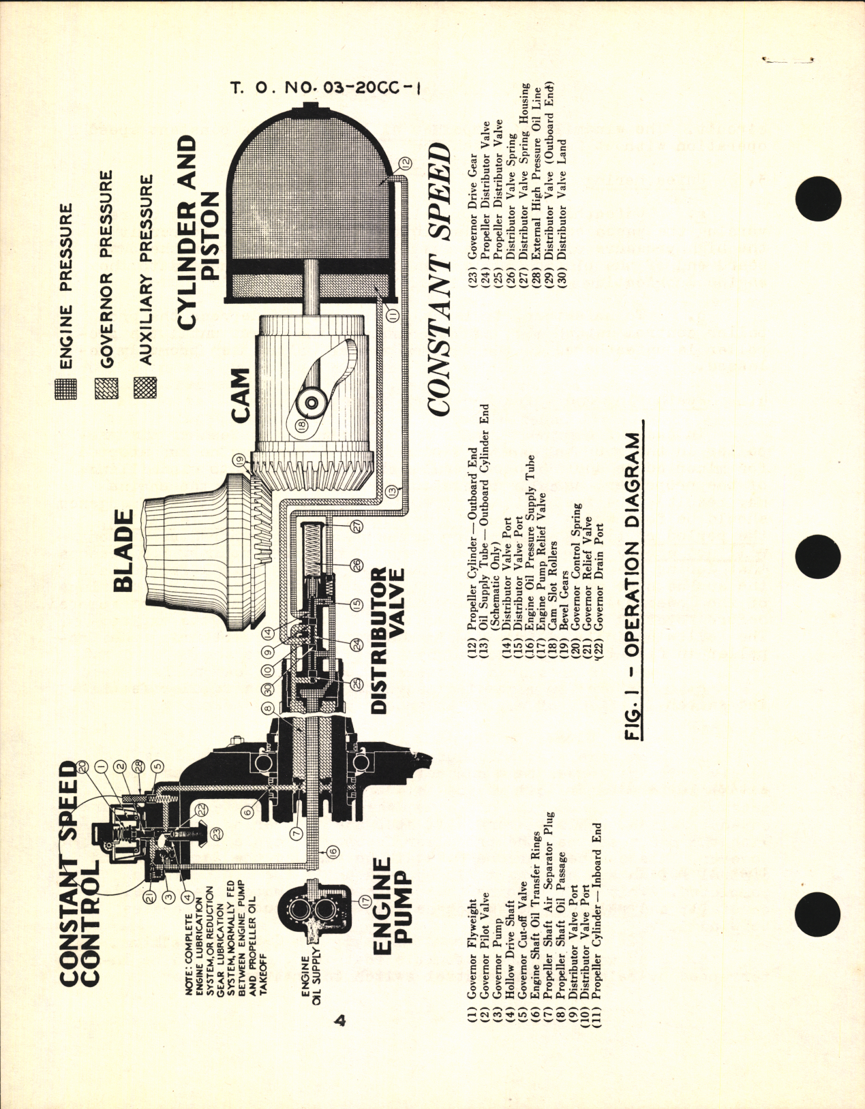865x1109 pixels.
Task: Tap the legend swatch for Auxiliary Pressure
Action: click(x=145, y=387)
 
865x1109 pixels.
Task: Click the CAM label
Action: click(x=241, y=395)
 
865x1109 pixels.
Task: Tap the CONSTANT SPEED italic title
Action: click(x=440, y=279)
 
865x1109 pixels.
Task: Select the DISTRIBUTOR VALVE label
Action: click(x=388, y=639)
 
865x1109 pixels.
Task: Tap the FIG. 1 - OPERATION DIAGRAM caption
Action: click(x=633, y=586)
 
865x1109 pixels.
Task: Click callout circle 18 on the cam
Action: click(x=302, y=424)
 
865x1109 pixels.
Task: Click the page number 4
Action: click(x=340, y=1022)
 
